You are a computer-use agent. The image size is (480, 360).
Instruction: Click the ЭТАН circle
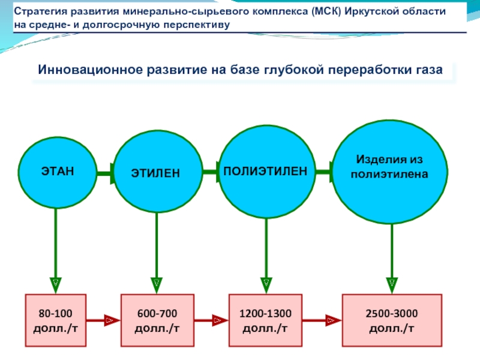click(57, 173)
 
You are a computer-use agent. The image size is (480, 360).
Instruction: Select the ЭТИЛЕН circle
click(158, 172)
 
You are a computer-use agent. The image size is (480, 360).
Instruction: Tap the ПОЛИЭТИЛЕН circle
click(267, 172)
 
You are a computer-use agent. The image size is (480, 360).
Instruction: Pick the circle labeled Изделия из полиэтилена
click(390, 172)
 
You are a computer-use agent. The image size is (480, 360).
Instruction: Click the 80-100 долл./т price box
click(55, 320)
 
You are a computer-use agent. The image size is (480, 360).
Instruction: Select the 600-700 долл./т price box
click(157, 320)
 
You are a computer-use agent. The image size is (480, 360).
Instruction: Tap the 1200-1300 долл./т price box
click(265, 320)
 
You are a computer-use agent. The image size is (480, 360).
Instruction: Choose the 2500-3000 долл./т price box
click(392, 320)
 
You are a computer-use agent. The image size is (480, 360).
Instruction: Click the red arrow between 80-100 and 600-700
click(103, 320)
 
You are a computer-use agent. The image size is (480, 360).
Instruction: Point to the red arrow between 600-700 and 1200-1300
click(211, 320)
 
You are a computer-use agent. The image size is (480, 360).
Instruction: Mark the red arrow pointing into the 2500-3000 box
click(322, 320)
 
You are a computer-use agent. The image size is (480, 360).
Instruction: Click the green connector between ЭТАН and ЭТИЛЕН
click(106, 173)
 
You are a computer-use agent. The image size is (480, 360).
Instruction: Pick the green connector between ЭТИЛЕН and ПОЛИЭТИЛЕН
click(211, 172)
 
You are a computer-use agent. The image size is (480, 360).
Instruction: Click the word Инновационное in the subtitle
click(91, 70)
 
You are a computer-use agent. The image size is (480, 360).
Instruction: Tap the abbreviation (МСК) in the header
click(326, 11)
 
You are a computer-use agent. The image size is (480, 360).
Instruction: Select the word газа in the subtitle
click(429, 70)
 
